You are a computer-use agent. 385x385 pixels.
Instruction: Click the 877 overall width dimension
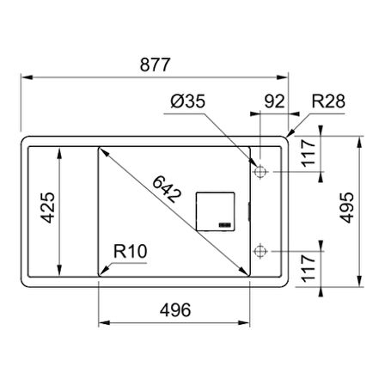pos(155,64)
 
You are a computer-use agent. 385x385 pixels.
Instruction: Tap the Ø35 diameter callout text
pos(188,101)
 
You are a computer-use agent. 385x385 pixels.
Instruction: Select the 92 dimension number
pos(274,101)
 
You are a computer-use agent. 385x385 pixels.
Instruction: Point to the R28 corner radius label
pos(328,101)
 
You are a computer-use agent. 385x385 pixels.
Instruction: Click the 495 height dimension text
pos(347,208)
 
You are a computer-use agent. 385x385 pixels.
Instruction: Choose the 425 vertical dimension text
pos(47,208)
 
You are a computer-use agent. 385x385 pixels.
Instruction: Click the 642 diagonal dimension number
pos(167,189)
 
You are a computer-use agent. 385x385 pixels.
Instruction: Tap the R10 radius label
pos(131,251)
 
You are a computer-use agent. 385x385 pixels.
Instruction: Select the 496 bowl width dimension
pos(175,310)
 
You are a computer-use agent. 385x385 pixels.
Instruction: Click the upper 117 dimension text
pos(309,153)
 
